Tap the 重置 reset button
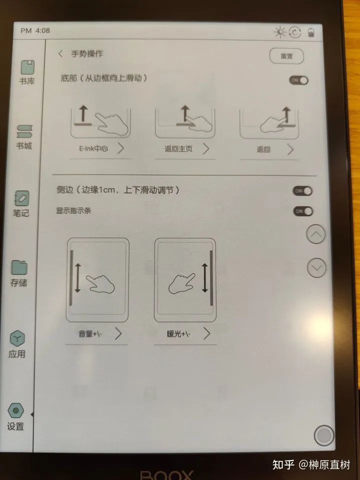coord(286,56)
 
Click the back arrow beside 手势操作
coord(60,54)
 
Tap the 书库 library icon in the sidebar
coord(27,67)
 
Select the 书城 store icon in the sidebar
coord(24,131)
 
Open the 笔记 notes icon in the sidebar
coord(21,198)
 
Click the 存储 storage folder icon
coord(19,267)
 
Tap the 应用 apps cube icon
coord(17,338)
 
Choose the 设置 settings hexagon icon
coord(15,410)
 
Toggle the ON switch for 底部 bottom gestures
coord(299,80)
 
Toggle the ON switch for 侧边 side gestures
coord(302,191)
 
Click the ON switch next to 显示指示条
coord(303,211)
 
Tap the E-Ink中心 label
coord(93,149)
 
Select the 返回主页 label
coord(178,149)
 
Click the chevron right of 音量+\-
coord(118,333)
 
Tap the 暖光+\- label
coord(178,333)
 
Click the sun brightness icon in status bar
coord(280,32)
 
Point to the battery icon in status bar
coord(311,32)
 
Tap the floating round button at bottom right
coord(324,435)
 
